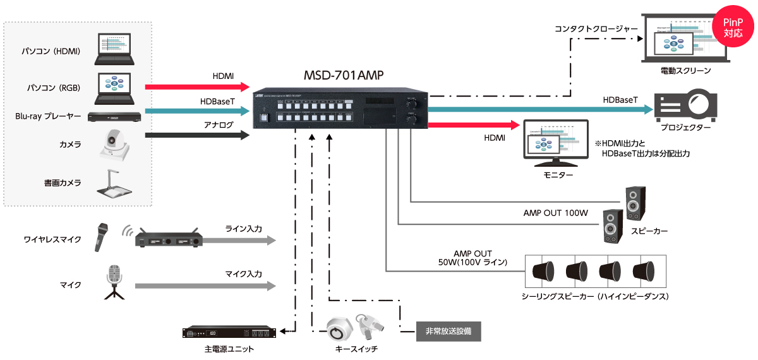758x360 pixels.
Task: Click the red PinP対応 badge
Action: pyautogui.click(x=733, y=26)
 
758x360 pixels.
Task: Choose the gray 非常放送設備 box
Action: pyautogui.click(x=448, y=330)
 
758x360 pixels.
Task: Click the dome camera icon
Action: pyautogui.click(x=114, y=146)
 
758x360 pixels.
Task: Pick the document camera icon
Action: pyautogui.click(x=114, y=184)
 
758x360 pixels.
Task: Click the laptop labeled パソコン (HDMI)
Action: pyautogui.click(x=114, y=50)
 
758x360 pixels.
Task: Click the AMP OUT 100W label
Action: pyautogui.click(x=556, y=213)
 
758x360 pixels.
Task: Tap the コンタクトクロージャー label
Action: pyautogui.click(x=594, y=28)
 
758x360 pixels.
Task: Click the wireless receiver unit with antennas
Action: pyautogui.click(x=169, y=240)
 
